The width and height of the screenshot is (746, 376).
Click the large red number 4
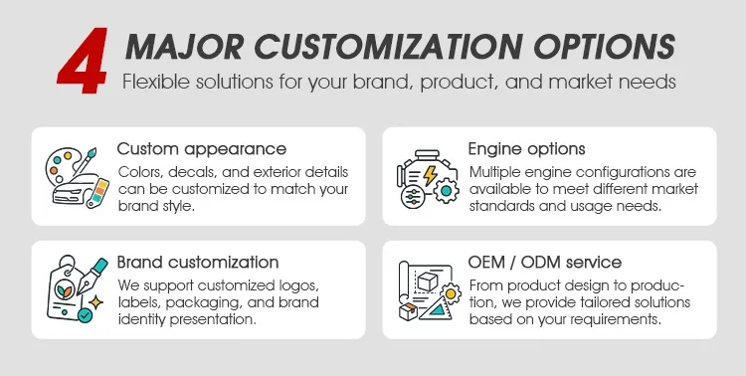[x=83, y=61]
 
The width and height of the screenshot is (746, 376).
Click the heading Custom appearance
[x=202, y=149]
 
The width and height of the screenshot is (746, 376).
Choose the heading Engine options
[x=526, y=149]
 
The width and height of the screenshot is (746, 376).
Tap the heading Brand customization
[x=198, y=263]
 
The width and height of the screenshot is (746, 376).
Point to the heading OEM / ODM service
[x=545, y=263]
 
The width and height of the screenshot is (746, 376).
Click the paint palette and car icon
[x=77, y=177]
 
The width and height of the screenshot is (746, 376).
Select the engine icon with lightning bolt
[x=428, y=178]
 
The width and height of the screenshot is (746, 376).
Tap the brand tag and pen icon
[x=77, y=288]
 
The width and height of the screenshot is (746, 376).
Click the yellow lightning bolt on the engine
[x=430, y=175]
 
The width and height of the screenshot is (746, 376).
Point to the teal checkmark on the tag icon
[x=85, y=315]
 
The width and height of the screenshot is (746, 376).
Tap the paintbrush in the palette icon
[x=86, y=160]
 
